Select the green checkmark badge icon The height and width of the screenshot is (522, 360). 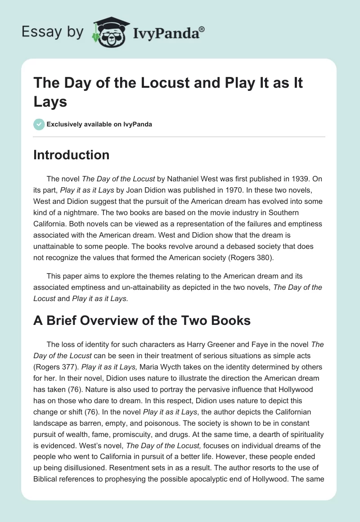pos(39,124)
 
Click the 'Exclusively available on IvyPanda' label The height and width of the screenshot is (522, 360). pos(100,124)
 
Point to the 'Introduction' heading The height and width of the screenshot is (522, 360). pos(72,155)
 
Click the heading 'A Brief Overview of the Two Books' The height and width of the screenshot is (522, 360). pos(142,321)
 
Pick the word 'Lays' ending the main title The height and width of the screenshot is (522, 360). pos(50,101)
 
